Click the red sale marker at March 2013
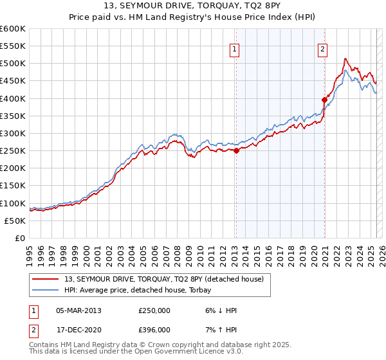236,151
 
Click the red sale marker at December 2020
324,100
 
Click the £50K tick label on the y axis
15,221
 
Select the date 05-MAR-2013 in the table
78,310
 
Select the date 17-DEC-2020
78,329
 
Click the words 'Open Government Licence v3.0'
186,352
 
